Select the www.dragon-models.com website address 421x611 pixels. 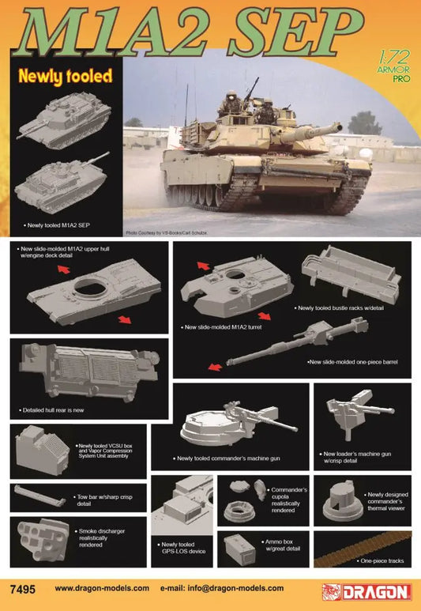point(102,588)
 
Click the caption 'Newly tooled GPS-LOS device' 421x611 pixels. point(181,547)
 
